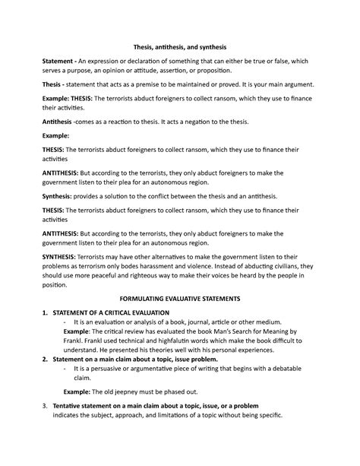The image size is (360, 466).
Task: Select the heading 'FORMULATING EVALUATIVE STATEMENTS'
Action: [x=180, y=300]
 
